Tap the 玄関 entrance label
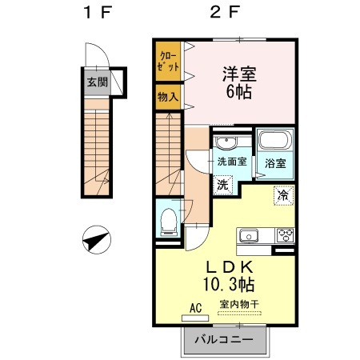[96, 82]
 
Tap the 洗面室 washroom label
[231, 162]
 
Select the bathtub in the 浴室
[275, 143]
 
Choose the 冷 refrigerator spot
[282, 194]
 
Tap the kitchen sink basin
[247, 236]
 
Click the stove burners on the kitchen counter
[284, 235]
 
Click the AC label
[195, 305]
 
